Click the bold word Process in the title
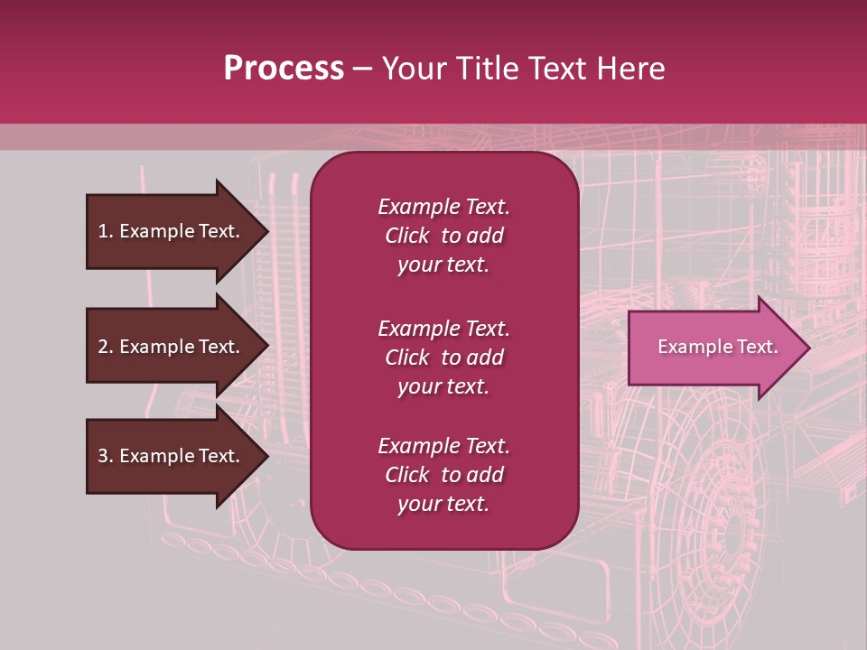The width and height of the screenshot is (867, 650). click(x=284, y=69)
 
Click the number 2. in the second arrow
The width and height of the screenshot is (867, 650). click(x=106, y=347)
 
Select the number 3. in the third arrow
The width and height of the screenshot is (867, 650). click(x=106, y=456)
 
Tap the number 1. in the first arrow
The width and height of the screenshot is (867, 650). click(x=106, y=231)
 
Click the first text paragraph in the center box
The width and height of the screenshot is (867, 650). click(x=443, y=236)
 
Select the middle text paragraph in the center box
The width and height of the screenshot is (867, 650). click(x=443, y=357)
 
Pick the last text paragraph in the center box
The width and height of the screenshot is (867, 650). click(x=443, y=475)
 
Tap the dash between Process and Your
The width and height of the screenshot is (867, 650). click(x=363, y=69)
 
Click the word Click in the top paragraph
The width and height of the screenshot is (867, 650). click(x=406, y=236)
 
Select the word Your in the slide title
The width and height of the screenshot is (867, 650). click(x=413, y=69)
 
